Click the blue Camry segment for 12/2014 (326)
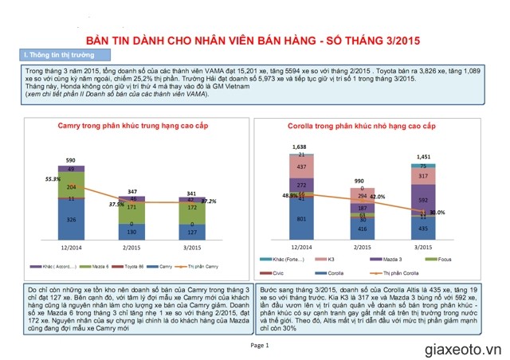click(72, 218)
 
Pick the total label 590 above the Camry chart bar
click(71, 160)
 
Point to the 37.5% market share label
click(116, 204)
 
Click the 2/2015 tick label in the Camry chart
click(131, 248)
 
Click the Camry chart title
click(131, 126)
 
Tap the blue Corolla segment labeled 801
click(300, 218)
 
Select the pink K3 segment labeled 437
click(300, 167)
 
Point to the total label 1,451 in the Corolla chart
click(422, 157)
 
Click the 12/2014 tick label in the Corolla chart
click(300, 248)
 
